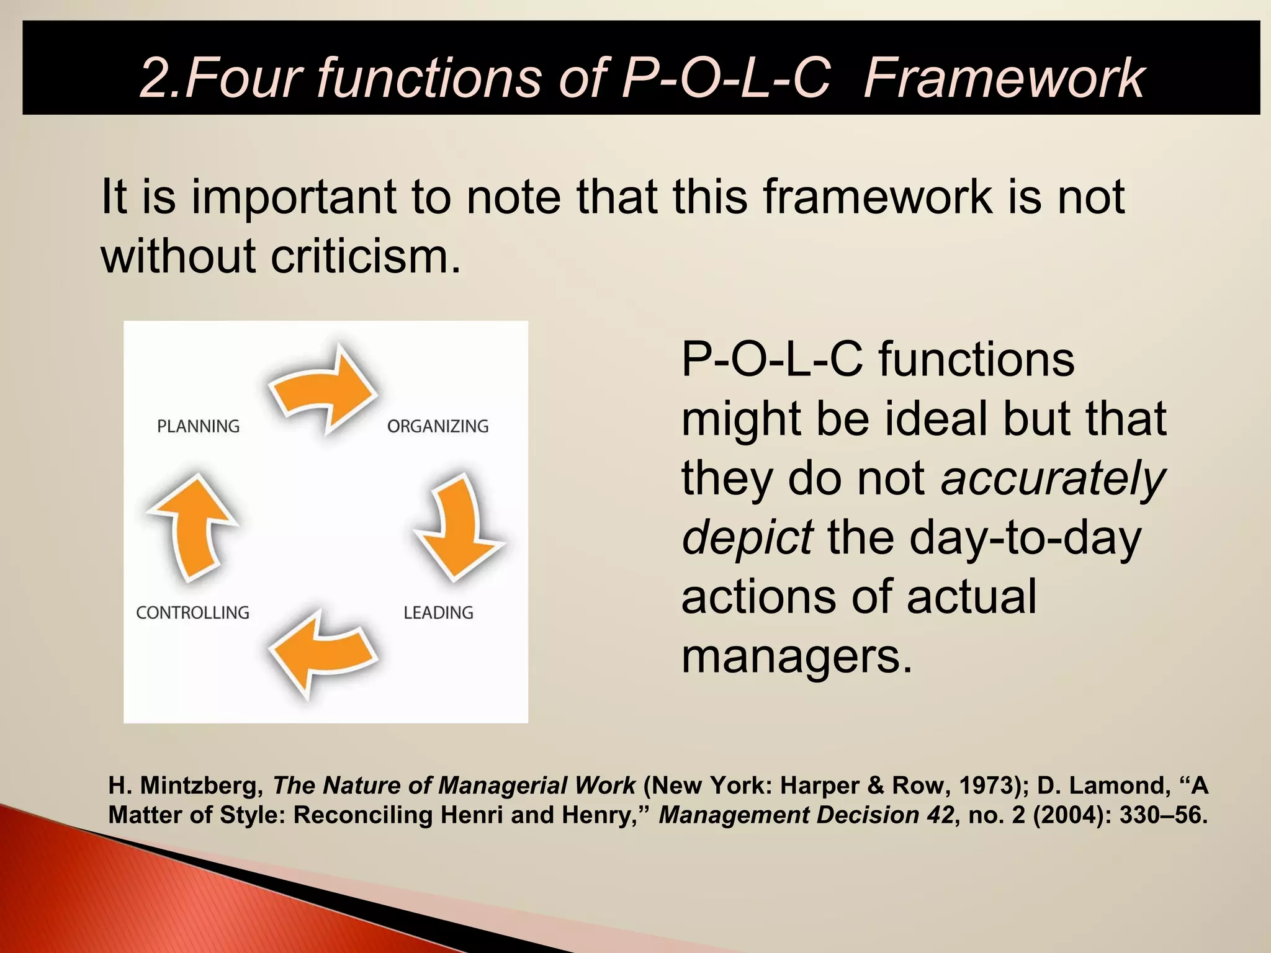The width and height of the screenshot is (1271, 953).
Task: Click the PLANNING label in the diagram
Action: (x=198, y=426)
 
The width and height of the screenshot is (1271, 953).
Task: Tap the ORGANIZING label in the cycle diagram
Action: (x=438, y=426)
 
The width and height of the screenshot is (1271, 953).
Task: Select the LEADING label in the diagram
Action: (x=438, y=612)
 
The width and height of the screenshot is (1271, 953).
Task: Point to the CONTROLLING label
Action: (x=192, y=612)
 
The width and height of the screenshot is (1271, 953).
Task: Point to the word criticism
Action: (x=366, y=256)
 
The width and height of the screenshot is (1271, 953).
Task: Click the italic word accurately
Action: (x=1053, y=478)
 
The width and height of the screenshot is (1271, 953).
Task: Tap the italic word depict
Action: (x=747, y=537)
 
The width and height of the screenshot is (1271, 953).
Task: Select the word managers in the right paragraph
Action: (x=797, y=656)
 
